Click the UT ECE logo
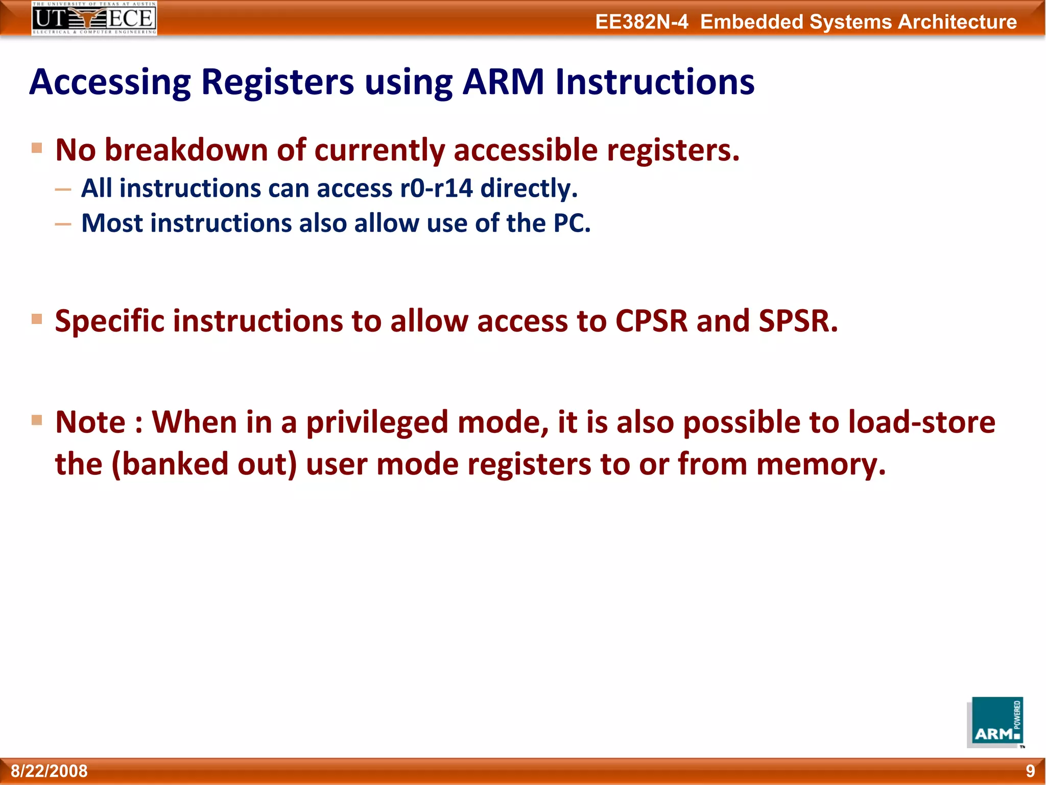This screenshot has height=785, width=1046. pos(94,18)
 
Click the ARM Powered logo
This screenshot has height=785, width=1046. pos(995,722)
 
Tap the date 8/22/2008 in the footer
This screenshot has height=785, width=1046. pos(49,771)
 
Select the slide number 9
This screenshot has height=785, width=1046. pos(1030,771)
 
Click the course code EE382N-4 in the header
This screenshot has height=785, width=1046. pos(641,22)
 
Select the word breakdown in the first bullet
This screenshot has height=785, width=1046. pos(186,150)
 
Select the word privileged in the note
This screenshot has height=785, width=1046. pos(376,423)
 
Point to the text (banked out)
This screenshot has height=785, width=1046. pos(204,464)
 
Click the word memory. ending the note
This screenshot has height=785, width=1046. pos(820,464)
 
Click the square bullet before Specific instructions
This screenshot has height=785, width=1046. pos(37,319)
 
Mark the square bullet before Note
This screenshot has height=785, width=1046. pos(37,420)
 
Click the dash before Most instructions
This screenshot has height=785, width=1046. pos(63,224)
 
